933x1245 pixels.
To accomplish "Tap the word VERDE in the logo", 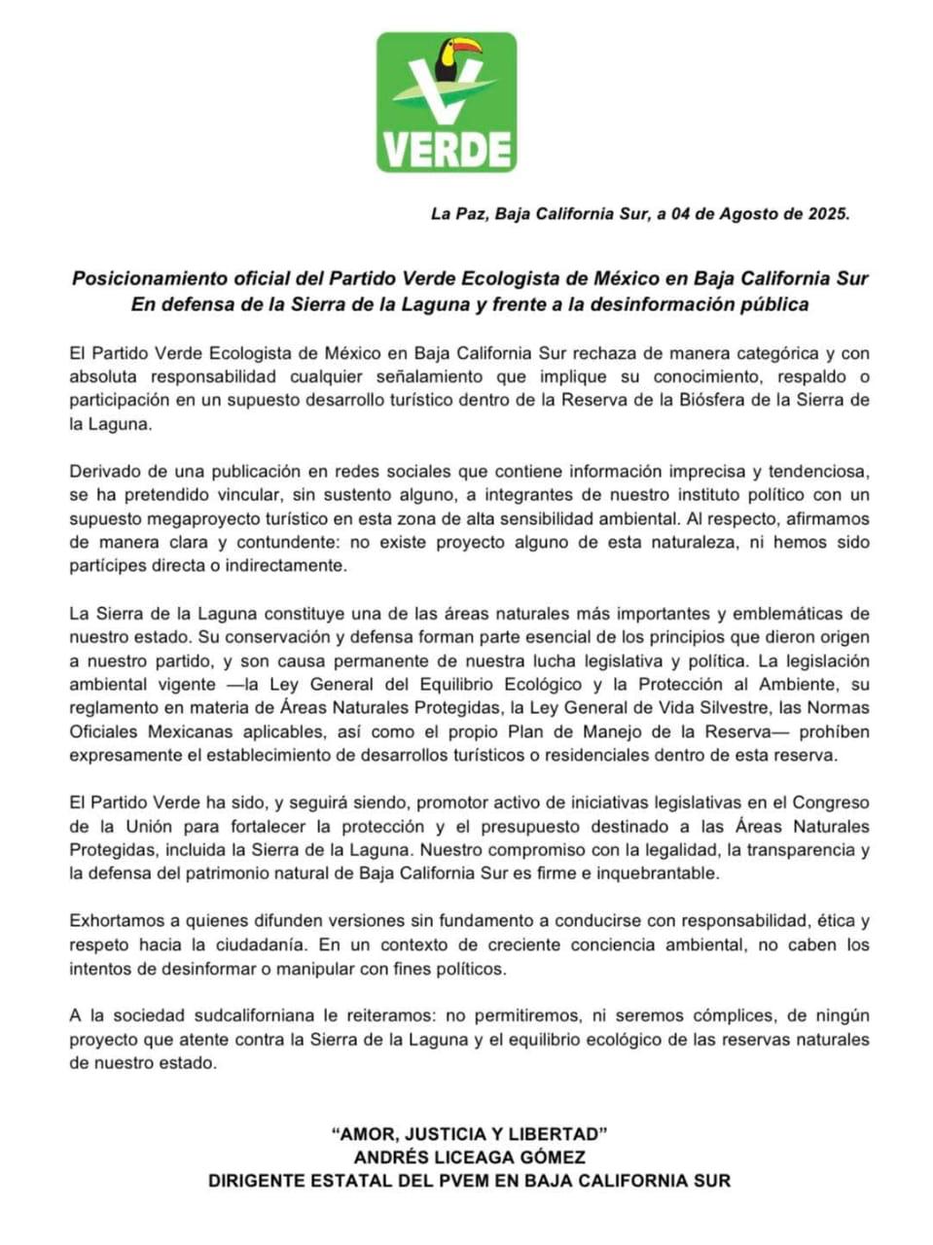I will [447, 149].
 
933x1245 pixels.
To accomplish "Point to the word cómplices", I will [731, 1015].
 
